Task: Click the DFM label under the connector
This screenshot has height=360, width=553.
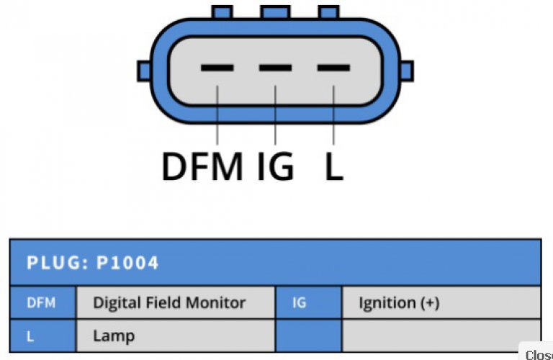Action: (x=202, y=166)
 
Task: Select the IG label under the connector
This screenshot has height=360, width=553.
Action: (x=276, y=166)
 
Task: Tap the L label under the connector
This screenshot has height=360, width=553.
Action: (x=334, y=166)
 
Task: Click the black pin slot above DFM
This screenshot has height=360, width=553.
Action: (x=217, y=68)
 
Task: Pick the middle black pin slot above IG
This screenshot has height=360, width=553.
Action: (x=276, y=68)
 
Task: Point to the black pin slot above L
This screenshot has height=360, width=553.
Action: (x=333, y=68)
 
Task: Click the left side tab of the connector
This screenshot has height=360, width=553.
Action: (x=144, y=71)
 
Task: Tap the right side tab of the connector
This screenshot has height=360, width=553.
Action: (x=407, y=71)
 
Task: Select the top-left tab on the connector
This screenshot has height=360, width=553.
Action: (x=222, y=12)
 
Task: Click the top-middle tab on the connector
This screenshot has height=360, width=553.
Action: (x=276, y=12)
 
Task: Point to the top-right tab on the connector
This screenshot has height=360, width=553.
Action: (x=328, y=12)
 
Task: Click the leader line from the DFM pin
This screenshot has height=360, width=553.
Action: (x=217, y=115)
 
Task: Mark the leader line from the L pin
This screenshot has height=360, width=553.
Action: (x=333, y=115)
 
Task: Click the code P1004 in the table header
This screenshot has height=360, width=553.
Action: (x=127, y=263)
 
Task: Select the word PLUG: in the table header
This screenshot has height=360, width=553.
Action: (x=58, y=263)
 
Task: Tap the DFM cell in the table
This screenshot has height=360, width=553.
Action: (x=42, y=303)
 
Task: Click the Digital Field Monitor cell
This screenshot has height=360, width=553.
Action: (x=176, y=303)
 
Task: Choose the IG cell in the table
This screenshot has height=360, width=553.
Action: (x=309, y=303)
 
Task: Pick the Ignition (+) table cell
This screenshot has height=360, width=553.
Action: (x=441, y=303)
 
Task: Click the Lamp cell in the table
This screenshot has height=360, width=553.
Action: (x=176, y=336)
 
